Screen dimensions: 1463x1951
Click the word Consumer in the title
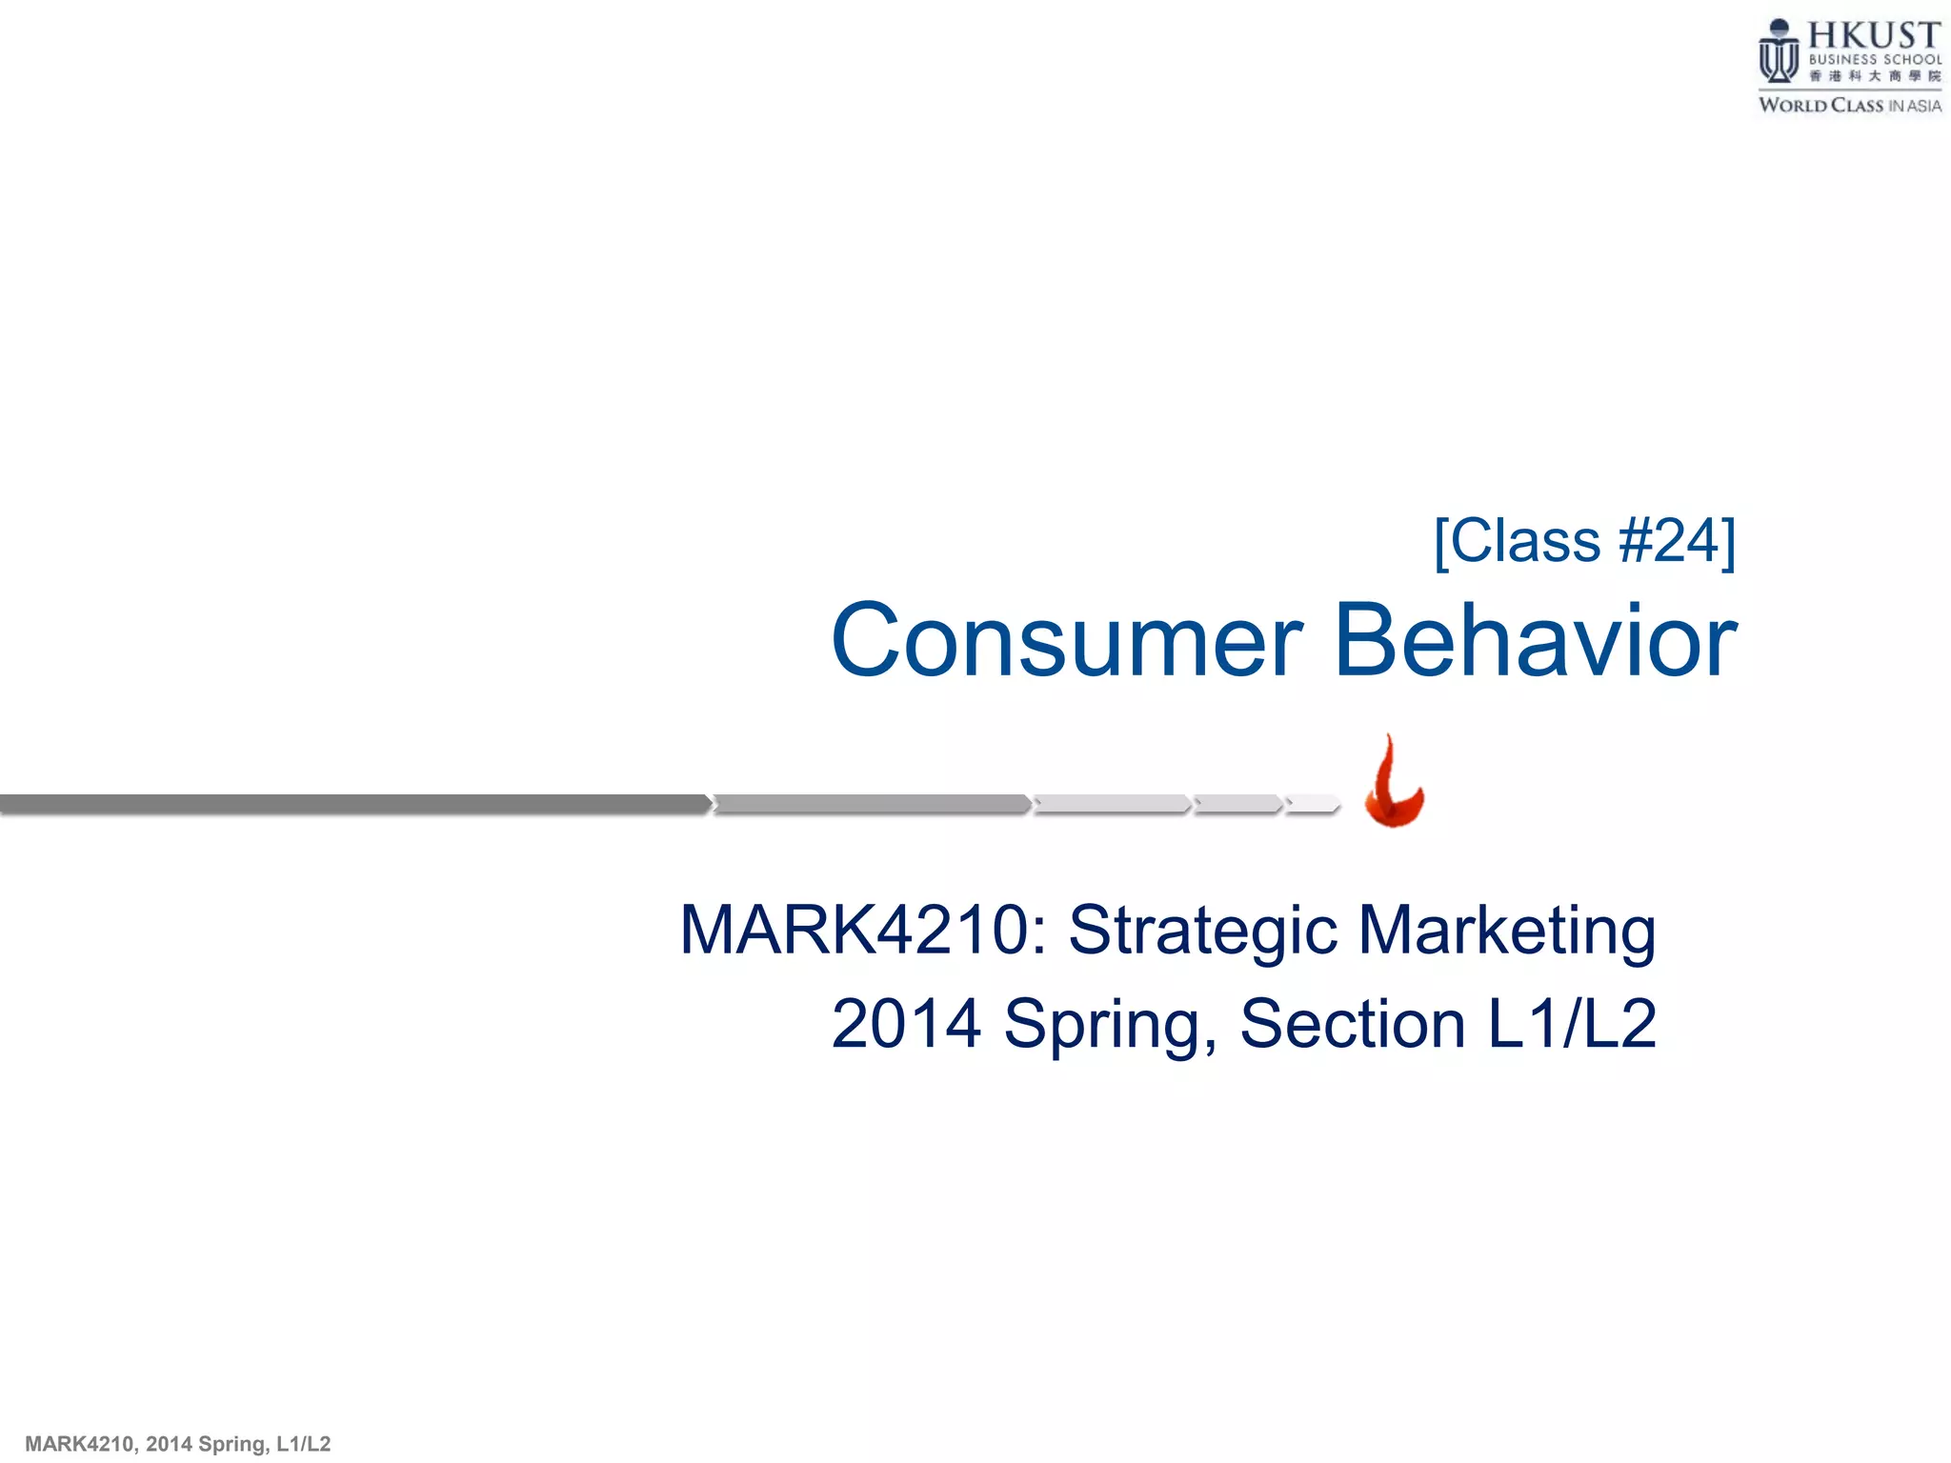coord(1067,642)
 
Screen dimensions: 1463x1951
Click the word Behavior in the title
coord(1536,640)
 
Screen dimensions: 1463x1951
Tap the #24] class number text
coord(1677,541)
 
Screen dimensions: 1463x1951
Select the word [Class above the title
coord(1519,541)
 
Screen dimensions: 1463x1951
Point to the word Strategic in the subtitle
coord(1202,932)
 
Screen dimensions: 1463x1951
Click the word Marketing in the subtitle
coord(1507,932)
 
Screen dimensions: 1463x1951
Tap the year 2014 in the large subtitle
coord(906,1024)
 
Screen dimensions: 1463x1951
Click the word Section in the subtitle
coord(1352,1024)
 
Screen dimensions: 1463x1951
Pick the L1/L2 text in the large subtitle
coord(1572,1024)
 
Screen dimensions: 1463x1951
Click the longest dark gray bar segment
coord(352,804)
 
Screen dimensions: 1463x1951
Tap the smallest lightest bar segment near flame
coord(1313,804)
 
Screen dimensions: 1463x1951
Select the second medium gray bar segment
coord(871,804)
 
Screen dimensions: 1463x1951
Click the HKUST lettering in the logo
coord(1873,36)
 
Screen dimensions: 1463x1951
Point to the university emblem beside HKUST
coord(1778,52)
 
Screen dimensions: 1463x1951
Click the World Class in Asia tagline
coord(1849,106)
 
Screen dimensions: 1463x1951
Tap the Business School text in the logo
coord(1874,60)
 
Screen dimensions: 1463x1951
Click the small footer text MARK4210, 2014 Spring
coord(177,1444)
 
